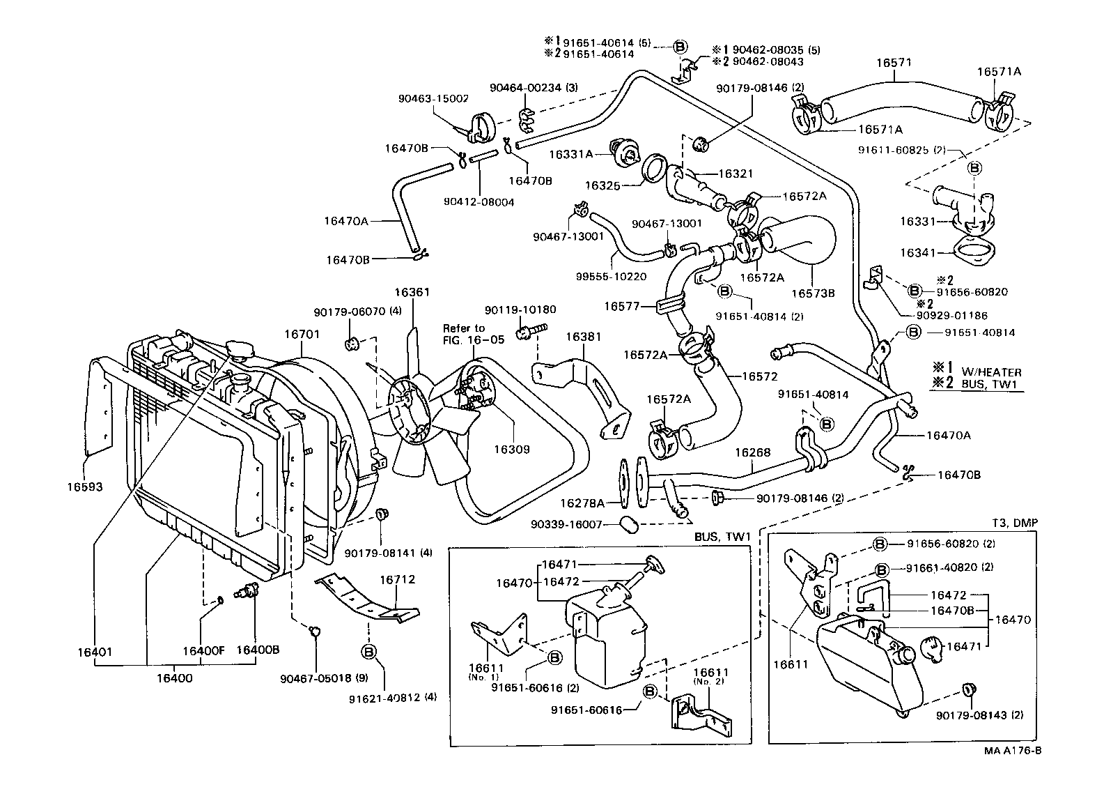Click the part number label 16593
point(84,487)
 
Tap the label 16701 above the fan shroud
point(302,334)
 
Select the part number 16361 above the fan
point(412,293)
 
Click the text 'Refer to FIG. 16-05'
point(464,333)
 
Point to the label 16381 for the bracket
point(583,337)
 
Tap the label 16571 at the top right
point(894,63)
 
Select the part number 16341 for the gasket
point(917,252)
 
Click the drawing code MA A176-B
point(1013,751)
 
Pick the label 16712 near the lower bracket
point(397,579)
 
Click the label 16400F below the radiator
point(203,650)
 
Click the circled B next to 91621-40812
point(369,651)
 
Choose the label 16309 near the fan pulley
point(511,449)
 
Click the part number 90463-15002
point(433,99)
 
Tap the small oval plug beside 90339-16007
point(628,523)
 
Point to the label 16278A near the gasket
point(582,503)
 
